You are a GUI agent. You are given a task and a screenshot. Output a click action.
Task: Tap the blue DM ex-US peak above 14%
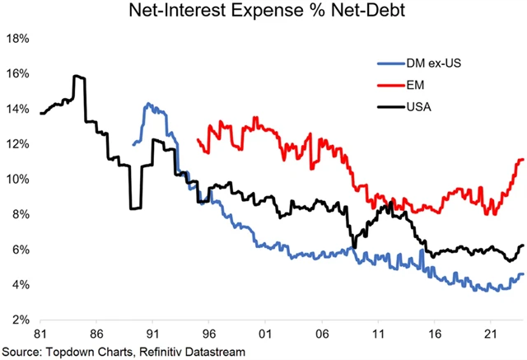147,104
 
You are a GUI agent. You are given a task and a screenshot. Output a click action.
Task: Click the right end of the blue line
523,274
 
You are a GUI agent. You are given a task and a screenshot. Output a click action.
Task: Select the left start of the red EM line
198,140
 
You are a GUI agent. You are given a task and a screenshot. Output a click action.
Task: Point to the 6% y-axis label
21,250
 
